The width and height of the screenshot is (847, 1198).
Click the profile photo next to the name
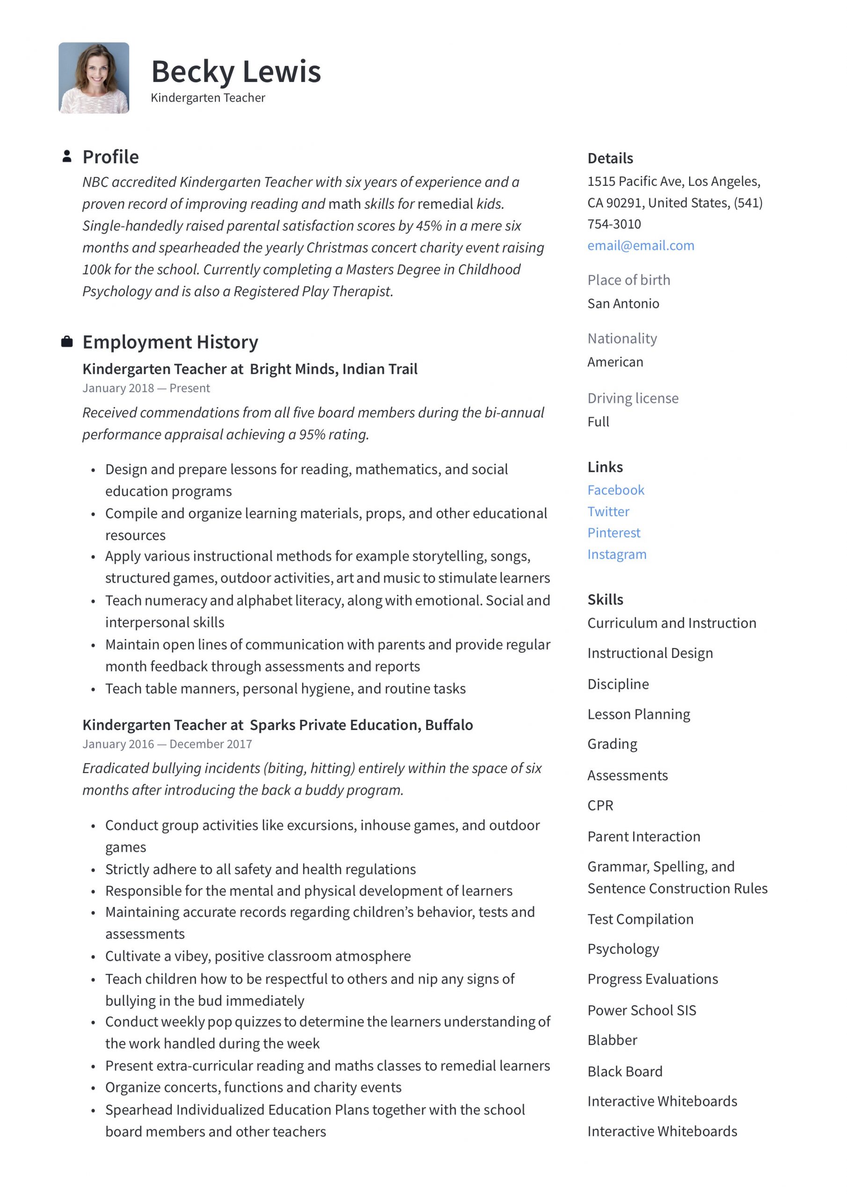coord(94,78)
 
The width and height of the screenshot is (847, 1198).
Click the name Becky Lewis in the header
coord(236,72)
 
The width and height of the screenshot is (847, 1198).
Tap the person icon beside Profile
coord(67,156)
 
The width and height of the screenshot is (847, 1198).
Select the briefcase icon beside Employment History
coord(67,342)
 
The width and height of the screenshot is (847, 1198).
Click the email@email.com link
coord(640,246)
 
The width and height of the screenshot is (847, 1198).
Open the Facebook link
coord(616,490)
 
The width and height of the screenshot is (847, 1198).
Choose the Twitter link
coord(608,511)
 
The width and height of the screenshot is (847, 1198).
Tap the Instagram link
coord(617,554)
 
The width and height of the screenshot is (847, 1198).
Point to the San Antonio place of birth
coord(623,304)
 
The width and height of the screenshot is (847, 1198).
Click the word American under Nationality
coord(615,362)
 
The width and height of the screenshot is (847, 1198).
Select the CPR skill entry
coord(600,806)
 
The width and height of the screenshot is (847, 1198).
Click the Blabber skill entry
coord(612,1040)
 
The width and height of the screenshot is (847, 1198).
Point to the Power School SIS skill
coord(642,1010)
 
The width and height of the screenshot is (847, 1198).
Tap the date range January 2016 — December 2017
coord(167,744)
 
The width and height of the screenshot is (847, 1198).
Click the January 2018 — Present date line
coord(146,388)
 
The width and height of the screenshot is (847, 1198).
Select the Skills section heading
coord(605,599)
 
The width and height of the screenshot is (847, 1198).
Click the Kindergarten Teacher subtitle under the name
coord(208,98)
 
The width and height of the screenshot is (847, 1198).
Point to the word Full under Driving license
coord(598,422)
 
